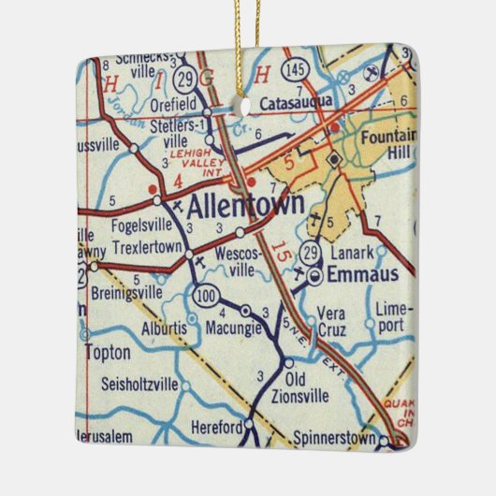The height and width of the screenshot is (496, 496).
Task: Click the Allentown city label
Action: coord(246,205)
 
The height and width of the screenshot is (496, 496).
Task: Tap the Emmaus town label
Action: coord(360,275)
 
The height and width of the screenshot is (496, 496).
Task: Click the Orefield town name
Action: coord(175,106)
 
